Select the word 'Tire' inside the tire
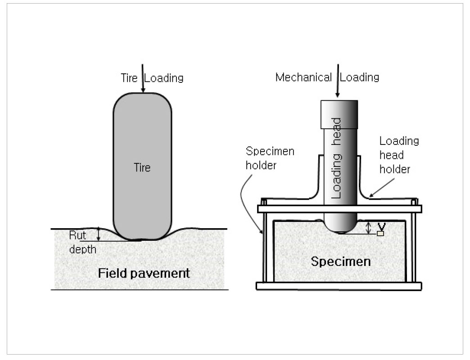pyautogui.click(x=142, y=168)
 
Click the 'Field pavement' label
pyautogui.click(x=144, y=273)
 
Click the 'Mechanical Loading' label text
pyautogui.click(x=327, y=77)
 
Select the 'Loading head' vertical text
pyautogui.click(x=337, y=158)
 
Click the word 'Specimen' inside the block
pyautogui.click(x=341, y=261)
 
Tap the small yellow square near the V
pyautogui.click(x=380, y=234)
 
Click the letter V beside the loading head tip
pyautogui.click(x=382, y=225)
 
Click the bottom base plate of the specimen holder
pyautogui.click(x=339, y=286)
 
